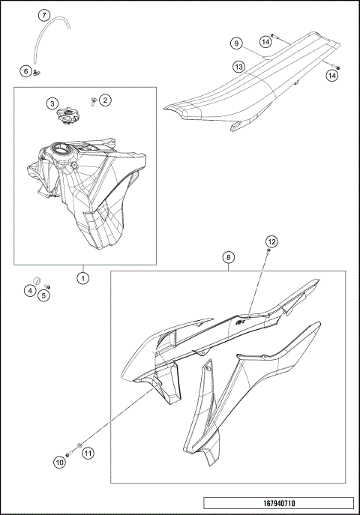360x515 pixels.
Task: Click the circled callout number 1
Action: tap(83, 277)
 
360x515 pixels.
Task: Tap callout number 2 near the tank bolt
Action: tap(105, 100)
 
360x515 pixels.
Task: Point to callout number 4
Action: tap(30, 290)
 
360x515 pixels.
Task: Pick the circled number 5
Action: tap(43, 295)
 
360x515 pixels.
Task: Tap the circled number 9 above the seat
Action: tap(235, 43)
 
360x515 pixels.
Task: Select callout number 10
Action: tap(58, 463)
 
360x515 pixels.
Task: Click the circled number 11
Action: tap(87, 453)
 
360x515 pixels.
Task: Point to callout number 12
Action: tap(271, 241)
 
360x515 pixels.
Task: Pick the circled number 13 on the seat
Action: tap(238, 67)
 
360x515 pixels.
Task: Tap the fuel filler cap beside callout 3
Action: tap(69, 116)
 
